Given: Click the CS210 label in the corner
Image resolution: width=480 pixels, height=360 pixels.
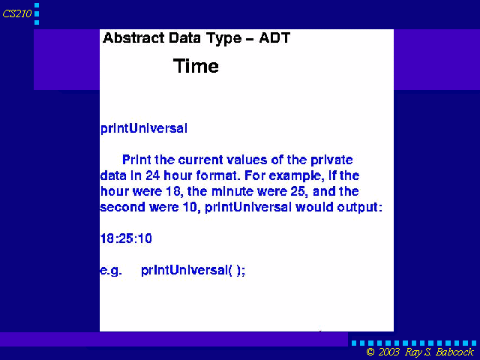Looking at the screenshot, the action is (x=17, y=13).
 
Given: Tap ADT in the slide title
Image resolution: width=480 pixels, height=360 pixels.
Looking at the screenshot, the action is (x=274, y=37).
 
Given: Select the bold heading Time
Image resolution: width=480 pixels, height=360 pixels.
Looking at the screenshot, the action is (x=196, y=66).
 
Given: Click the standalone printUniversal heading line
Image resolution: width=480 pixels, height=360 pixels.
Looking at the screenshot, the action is (x=144, y=128).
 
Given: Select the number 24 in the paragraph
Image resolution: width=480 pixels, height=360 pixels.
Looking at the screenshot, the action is (x=152, y=175).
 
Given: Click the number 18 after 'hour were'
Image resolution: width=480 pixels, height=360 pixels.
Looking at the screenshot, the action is (x=174, y=192).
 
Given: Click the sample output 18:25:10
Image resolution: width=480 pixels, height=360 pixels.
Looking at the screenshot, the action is (x=126, y=238).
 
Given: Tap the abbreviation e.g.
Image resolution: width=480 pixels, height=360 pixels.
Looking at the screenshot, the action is (x=111, y=270).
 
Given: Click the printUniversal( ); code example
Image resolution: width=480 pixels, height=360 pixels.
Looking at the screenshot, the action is (x=193, y=270).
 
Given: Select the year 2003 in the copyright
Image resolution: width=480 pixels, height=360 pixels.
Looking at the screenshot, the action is (x=389, y=352).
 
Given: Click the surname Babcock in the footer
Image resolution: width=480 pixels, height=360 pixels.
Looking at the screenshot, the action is (x=454, y=352).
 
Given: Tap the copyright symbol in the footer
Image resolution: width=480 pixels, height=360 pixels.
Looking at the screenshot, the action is (x=370, y=352).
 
